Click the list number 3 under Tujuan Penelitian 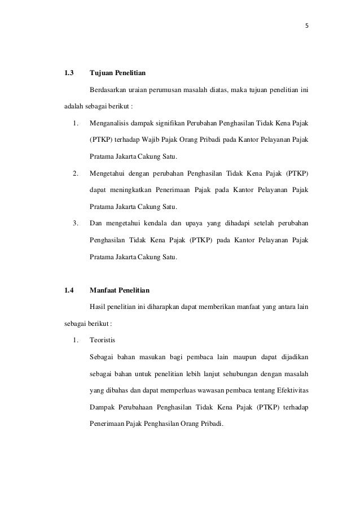click(x=75, y=221)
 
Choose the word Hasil click(x=98, y=308)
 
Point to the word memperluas click(x=179, y=389)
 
